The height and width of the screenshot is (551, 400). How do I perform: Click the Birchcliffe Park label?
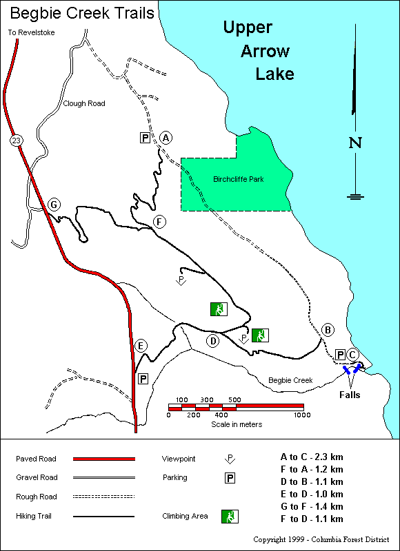click(x=238, y=180)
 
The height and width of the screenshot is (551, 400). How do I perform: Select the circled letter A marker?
click(x=165, y=138)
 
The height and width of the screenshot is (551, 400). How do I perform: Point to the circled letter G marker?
click(x=53, y=205)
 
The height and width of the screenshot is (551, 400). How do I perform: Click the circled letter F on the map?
click(x=160, y=222)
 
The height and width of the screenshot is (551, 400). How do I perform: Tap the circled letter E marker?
click(x=141, y=346)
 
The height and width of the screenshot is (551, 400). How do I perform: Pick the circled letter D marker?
click(x=213, y=340)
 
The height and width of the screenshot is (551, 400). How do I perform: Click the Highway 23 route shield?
click(x=15, y=141)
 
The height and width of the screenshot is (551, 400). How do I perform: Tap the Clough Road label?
click(x=84, y=104)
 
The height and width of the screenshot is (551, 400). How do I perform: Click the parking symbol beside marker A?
click(x=146, y=138)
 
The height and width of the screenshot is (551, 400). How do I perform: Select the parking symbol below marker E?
click(x=143, y=378)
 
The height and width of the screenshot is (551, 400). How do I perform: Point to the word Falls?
click(x=350, y=395)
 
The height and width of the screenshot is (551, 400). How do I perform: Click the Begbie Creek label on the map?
click(x=290, y=380)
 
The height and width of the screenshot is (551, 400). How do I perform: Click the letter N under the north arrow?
click(x=355, y=143)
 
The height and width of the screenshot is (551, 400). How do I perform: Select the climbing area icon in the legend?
click(x=228, y=515)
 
